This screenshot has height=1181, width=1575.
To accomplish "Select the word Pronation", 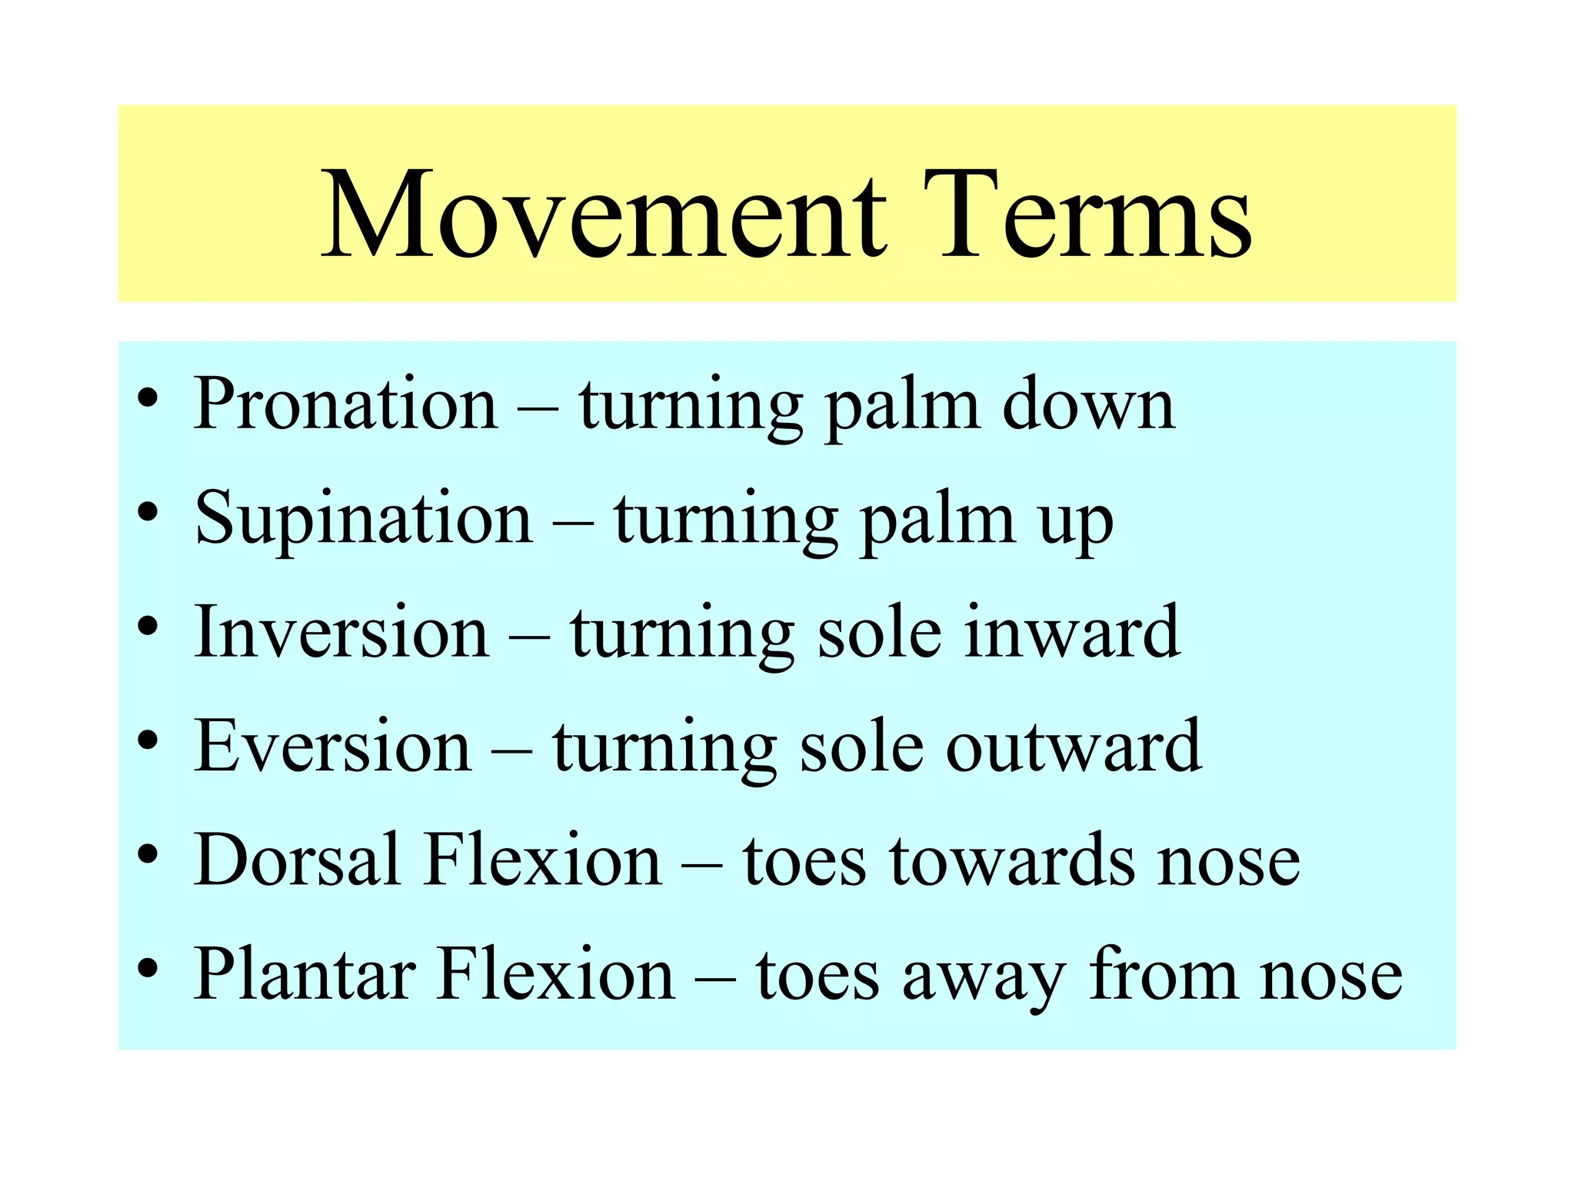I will click(x=345, y=403).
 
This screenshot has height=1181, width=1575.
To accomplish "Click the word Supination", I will click(x=363, y=517).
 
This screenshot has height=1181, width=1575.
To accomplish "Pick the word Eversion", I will click(x=332, y=745).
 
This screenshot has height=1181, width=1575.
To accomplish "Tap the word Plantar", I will click(x=303, y=973).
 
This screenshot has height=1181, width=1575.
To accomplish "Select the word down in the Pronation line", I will click(x=1088, y=403).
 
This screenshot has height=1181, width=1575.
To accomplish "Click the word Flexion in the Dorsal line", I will click(x=542, y=859).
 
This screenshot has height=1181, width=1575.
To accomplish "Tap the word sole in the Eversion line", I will click(x=861, y=745).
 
